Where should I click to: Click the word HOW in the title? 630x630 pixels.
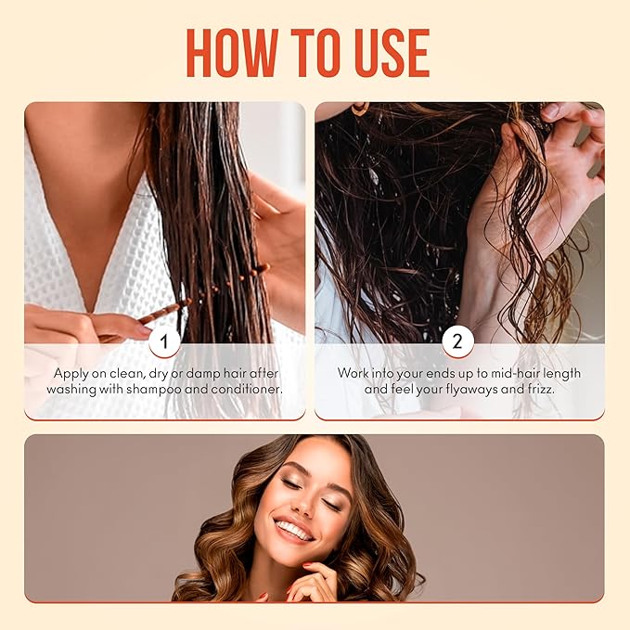click(x=233, y=53)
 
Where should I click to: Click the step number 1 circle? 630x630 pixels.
click(x=164, y=341)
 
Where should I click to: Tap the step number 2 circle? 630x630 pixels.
click(x=458, y=341)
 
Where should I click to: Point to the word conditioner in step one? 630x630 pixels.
click(x=247, y=390)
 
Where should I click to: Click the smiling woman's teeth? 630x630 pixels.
click(x=293, y=531)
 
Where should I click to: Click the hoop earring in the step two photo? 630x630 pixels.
click(x=360, y=109)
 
